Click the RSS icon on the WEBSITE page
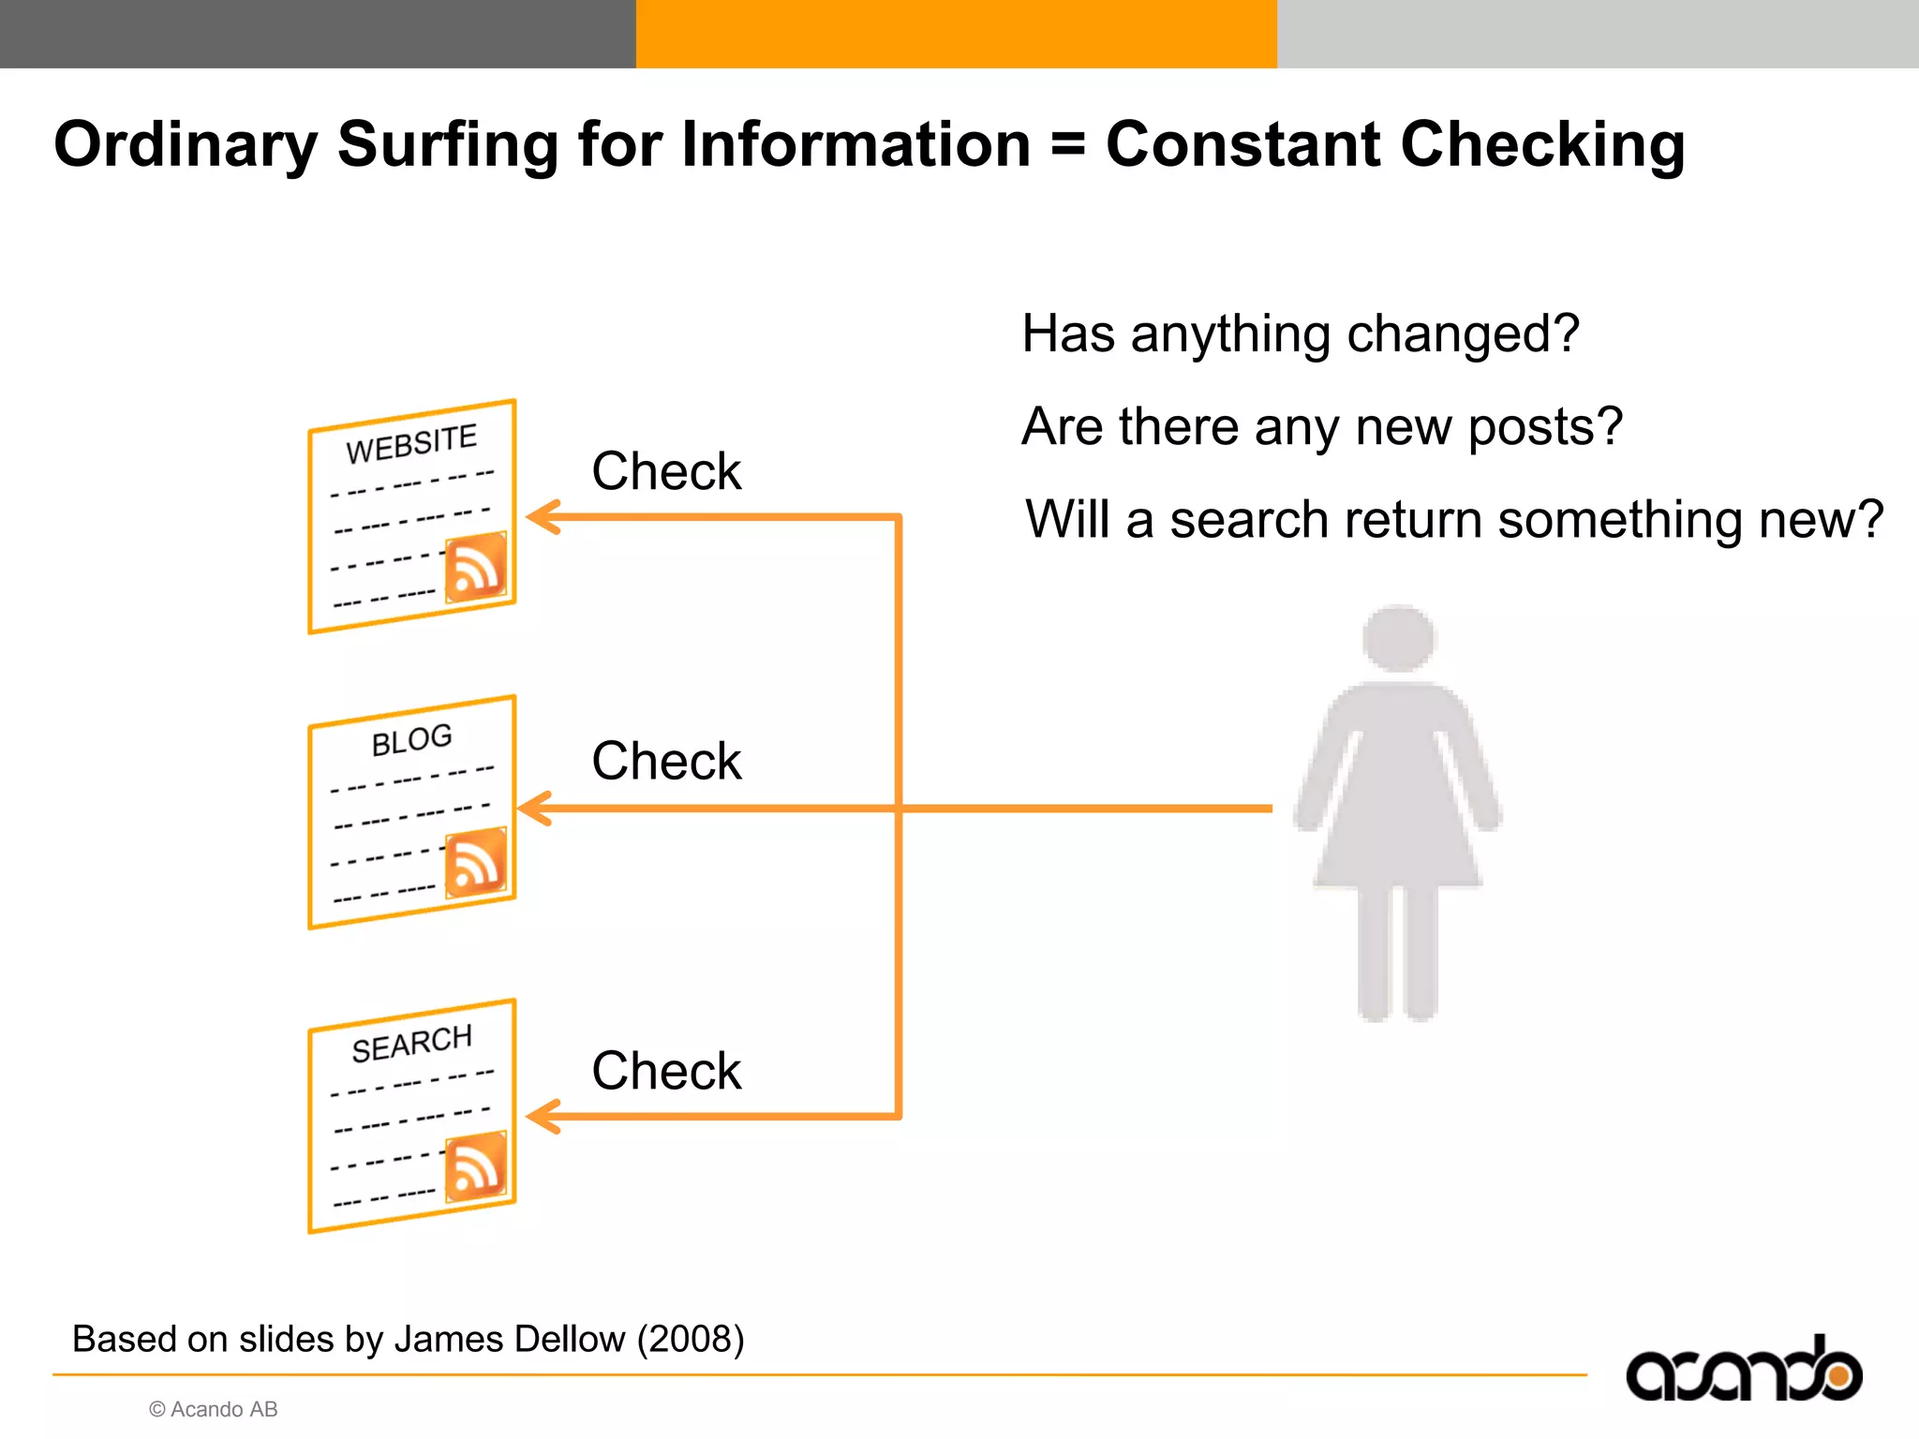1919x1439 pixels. (476, 567)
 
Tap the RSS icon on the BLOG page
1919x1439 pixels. (476, 862)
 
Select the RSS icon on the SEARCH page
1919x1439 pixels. (476, 1166)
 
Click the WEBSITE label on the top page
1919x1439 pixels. (411, 443)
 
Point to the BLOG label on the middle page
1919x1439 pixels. (411, 740)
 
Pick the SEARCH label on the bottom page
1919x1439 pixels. (411, 1043)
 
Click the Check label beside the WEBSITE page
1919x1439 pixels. (666, 470)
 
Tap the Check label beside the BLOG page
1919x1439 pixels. (666, 760)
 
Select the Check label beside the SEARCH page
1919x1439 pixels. (666, 1070)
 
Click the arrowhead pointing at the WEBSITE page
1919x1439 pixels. (543, 517)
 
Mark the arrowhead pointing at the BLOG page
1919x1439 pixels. (534, 808)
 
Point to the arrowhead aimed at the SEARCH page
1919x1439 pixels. (543, 1117)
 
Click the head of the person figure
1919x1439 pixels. (1398, 637)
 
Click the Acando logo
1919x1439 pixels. (1744, 1372)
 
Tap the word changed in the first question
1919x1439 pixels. (1463, 334)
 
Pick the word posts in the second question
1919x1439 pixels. (1545, 427)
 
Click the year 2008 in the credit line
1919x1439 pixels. (691, 1340)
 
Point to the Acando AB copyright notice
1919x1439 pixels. (214, 1409)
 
